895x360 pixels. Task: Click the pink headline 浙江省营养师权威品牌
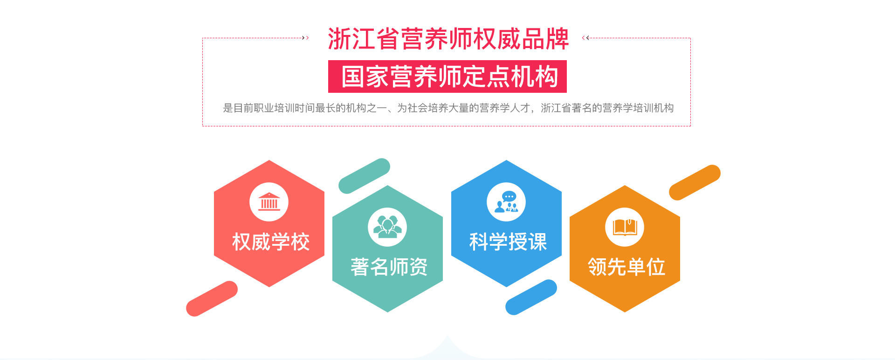point(448,39)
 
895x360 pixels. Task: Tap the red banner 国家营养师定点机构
point(447,76)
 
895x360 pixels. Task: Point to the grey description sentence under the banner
point(448,108)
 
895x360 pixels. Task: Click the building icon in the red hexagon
point(269,202)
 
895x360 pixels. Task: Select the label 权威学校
point(271,242)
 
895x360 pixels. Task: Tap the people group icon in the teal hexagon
point(387,227)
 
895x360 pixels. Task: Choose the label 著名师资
point(389,267)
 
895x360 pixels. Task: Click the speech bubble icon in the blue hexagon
point(506,202)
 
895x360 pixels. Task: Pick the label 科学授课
point(508,242)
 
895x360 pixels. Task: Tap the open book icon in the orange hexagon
point(625,227)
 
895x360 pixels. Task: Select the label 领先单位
point(626,267)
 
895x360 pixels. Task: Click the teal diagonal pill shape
point(365,176)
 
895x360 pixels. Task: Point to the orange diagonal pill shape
point(695,182)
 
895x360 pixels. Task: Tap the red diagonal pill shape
point(212,298)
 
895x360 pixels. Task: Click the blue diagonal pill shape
point(531,297)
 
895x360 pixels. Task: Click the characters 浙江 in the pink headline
point(352,39)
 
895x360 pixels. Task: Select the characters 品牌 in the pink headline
point(545,39)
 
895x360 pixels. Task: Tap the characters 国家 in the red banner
point(365,76)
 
